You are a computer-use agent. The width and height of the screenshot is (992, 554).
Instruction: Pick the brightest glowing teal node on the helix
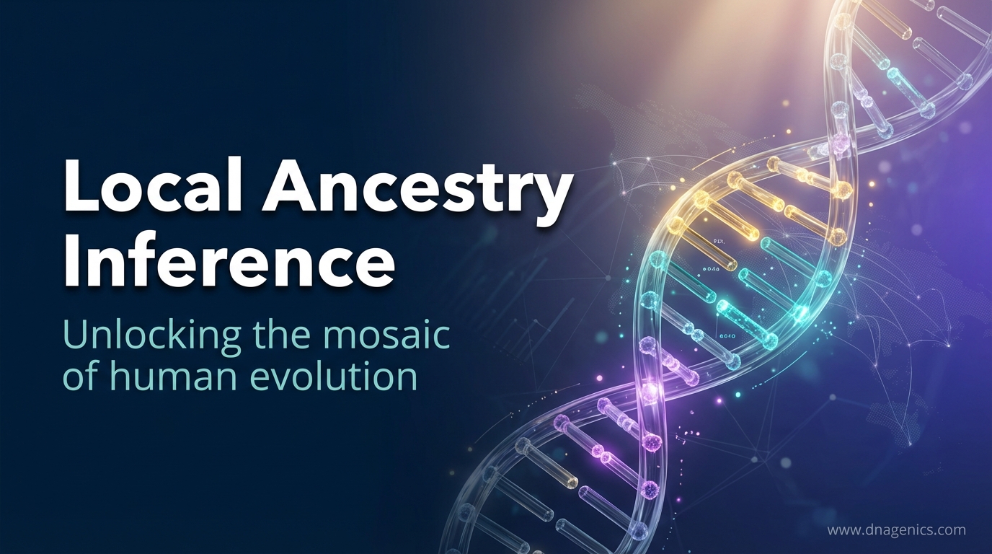(x=800, y=312)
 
